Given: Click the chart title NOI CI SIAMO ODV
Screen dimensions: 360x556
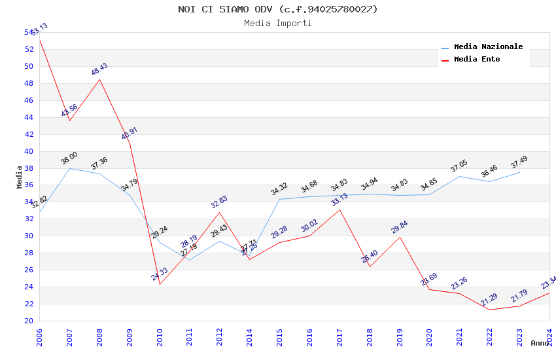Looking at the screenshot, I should (277, 9).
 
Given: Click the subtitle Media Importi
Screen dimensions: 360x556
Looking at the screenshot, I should (277, 24).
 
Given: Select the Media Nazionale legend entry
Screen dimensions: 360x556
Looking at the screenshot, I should (488, 47).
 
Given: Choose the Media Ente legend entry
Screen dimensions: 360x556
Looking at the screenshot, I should (477, 60).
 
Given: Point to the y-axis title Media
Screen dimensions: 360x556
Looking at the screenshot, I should (20, 177).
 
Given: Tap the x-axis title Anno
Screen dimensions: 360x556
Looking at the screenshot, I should (540, 343).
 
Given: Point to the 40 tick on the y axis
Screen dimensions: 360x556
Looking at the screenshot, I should (29, 151).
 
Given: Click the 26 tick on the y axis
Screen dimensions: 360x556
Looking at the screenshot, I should (29, 270).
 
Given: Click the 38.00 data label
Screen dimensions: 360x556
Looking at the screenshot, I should (69, 158).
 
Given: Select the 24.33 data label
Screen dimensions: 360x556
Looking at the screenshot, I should (160, 274).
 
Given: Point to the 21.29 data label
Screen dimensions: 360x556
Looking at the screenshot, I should (489, 300).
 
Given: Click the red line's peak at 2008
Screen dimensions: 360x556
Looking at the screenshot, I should (99, 79).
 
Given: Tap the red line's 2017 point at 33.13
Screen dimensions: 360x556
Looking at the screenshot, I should (339, 209).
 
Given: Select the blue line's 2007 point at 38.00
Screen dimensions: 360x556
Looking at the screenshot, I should (70, 168).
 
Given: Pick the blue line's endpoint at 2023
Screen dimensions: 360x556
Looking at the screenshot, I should (519, 172).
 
